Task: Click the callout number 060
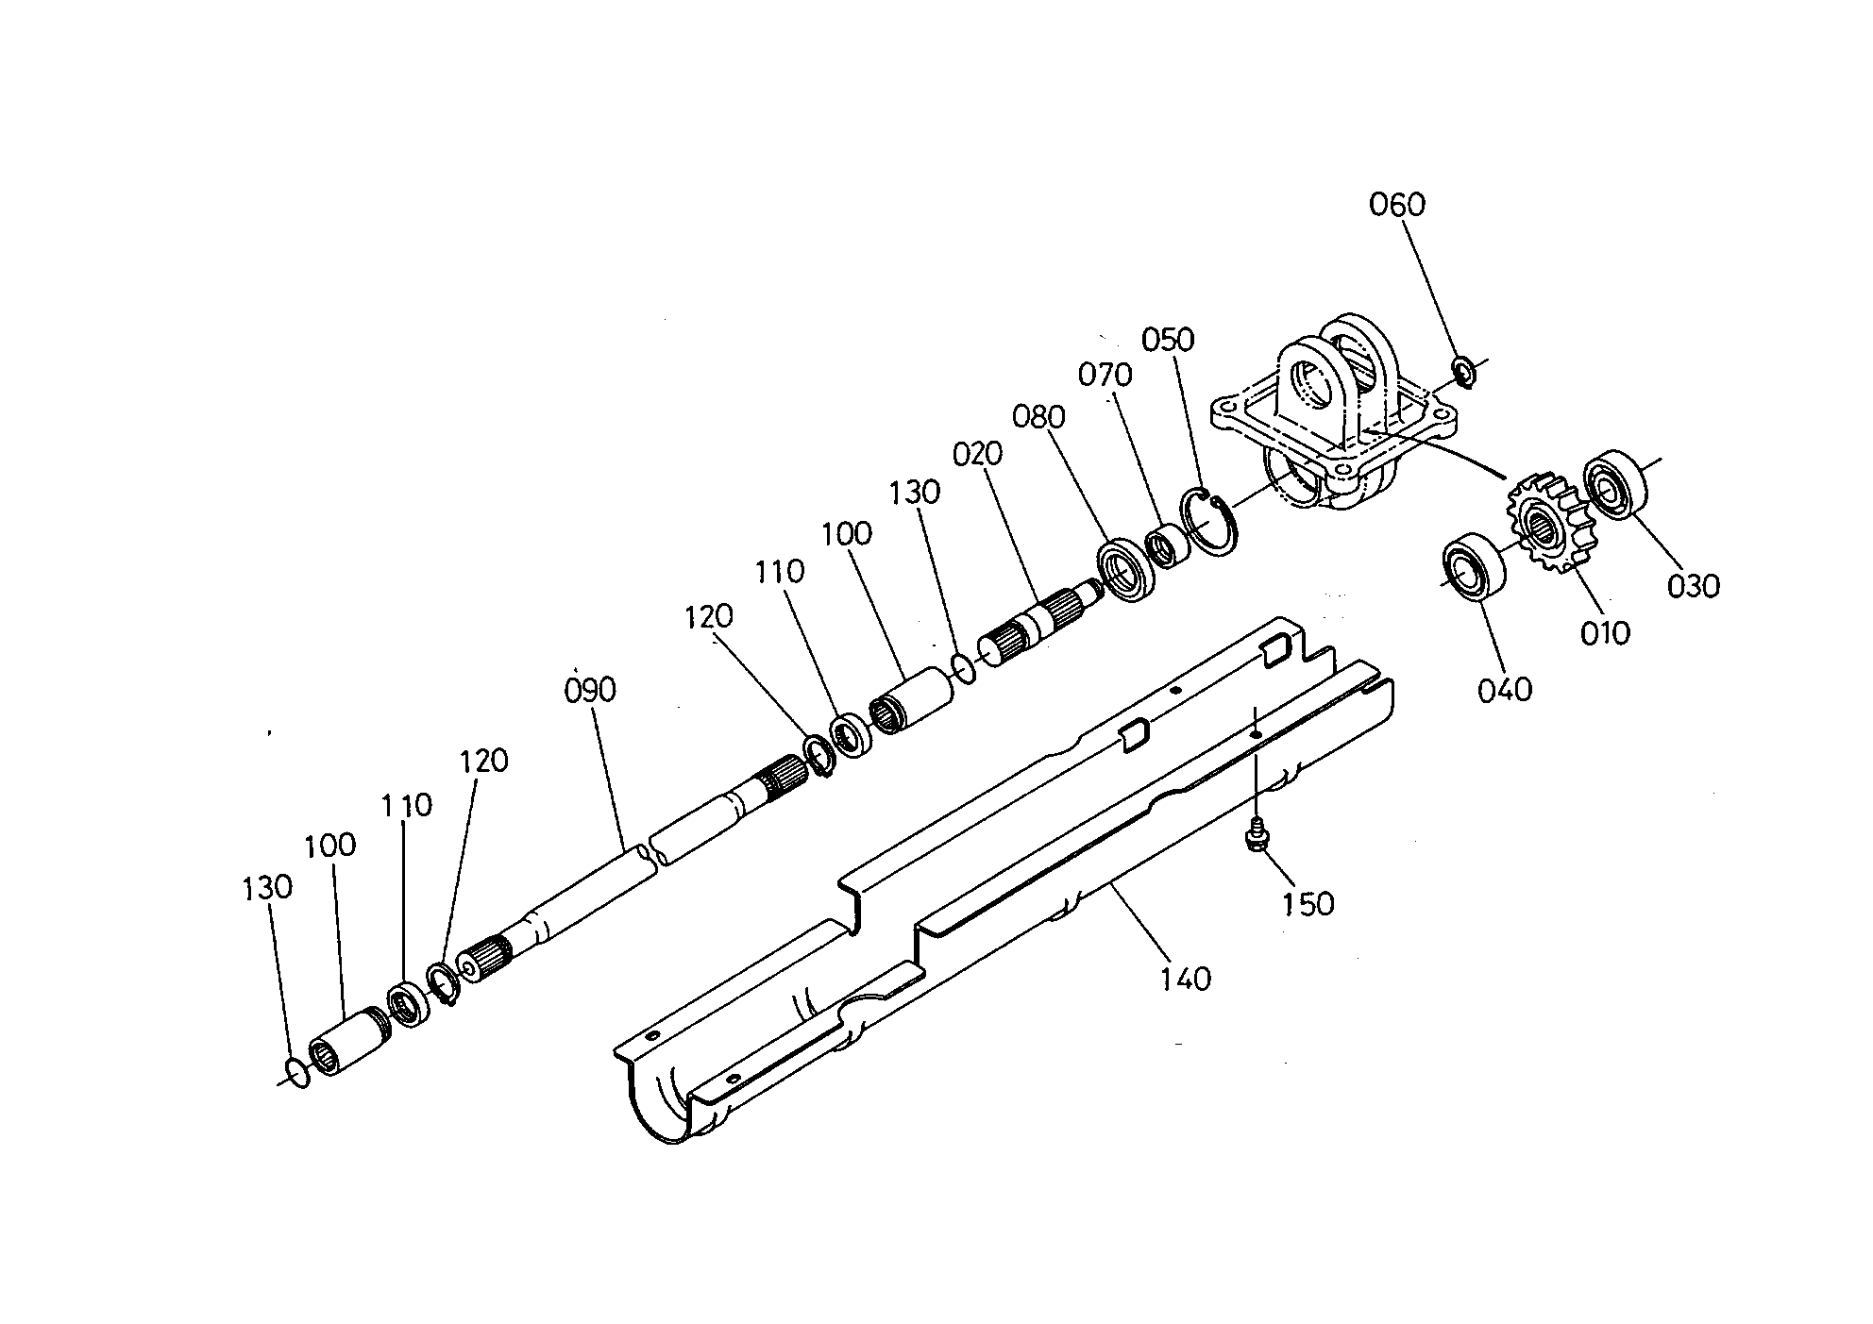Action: (x=1397, y=205)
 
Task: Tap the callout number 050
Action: (x=1168, y=340)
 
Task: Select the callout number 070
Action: (x=1105, y=376)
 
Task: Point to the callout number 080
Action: (x=1038, y=416)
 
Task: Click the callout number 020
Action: (x=977, y=455)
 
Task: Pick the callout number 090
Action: (x=590, y=690)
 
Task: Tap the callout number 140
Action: (x=1185, y=979)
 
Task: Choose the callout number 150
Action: (x=1308, y=904)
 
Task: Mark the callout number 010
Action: (x=1605, y=632)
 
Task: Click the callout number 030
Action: (x=1694, y=586)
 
